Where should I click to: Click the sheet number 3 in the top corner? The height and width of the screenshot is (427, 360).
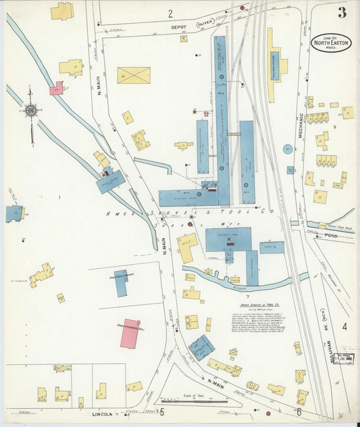pos(342,12)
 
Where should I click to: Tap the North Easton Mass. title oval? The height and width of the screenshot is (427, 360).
pos(331,43)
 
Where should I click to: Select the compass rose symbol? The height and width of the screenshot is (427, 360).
pos(30,110)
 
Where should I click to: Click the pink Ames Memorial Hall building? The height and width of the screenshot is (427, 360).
pos(130,334)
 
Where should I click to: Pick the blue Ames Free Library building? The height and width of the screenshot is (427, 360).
pos(120,283)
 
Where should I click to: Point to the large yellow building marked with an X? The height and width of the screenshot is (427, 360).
pos(134,75)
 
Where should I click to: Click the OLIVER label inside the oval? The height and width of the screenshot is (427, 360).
pos(205,23)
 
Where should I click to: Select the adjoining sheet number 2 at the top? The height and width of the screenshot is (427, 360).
pos(170,13)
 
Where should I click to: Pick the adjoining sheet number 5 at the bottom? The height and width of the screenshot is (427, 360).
pos(161,411)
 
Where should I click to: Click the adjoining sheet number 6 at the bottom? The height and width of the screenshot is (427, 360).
pos(298,411)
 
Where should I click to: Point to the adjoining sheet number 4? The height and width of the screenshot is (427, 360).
pos(344,327)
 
